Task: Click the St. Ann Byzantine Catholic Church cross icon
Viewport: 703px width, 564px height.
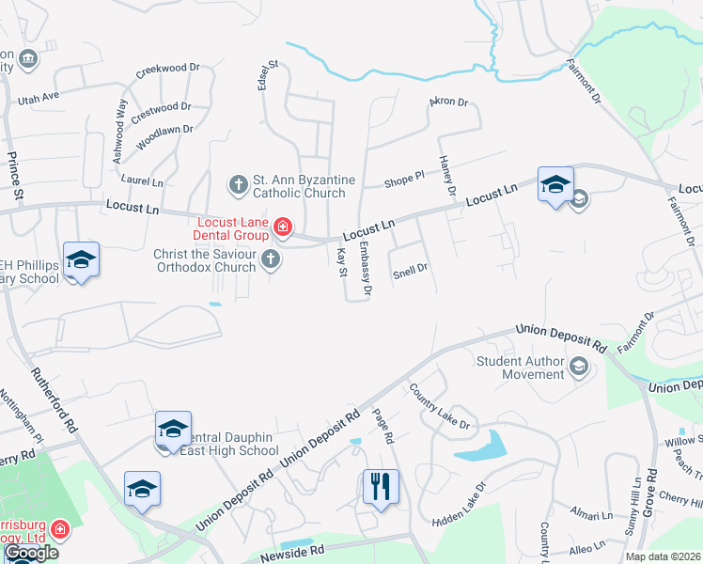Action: click(x=239, y=183)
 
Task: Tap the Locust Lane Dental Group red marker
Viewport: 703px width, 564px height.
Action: click(x=281, y=227)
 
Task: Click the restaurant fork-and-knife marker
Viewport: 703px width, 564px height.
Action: click(x=382, y=486)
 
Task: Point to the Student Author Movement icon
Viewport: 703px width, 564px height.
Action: click(x=579, y=366)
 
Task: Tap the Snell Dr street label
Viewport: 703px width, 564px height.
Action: click(x=411, y=269)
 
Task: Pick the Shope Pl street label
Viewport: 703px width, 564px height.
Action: click(x=405, y=182)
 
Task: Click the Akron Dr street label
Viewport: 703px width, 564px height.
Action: click(x=448, y=102)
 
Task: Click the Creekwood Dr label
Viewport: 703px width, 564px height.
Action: click(x=169, y=70)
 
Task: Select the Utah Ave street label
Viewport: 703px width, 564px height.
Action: click(x=38, y=97)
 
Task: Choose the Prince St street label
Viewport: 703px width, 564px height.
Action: click(x=14, y=177)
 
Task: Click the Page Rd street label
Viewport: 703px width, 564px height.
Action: click(x=382, y=426)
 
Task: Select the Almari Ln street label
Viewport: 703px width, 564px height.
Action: click(x=591, y=515)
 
